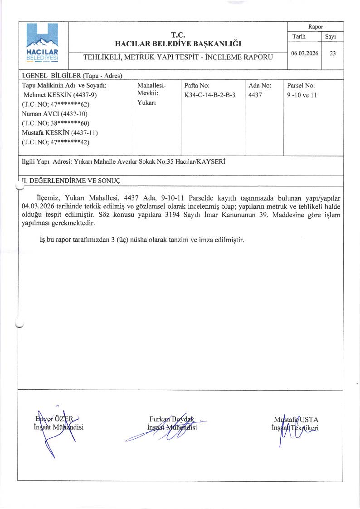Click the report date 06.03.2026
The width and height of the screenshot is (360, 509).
(x=305, y=53)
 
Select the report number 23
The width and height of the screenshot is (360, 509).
(x=333, y=53)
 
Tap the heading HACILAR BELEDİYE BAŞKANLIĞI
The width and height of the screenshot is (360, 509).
(x=178, y=44)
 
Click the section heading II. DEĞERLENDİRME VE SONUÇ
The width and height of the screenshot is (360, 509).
(x=70, y=180)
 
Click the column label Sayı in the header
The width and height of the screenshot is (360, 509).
(x=330, y=36)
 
